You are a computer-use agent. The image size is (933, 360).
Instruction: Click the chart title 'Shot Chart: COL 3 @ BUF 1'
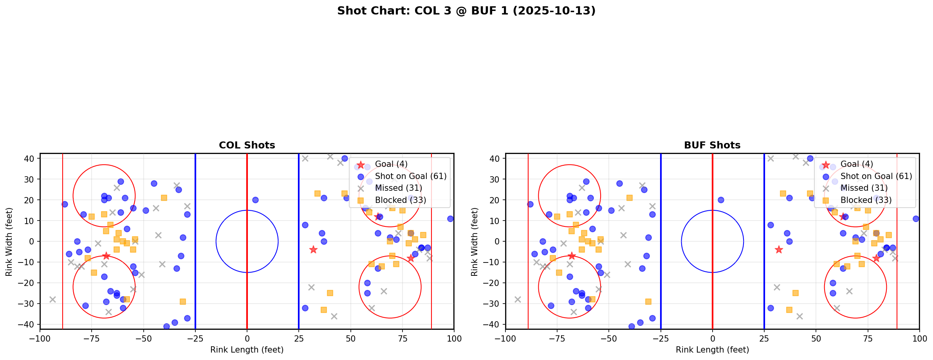pyautogui.click(x=466, y=11)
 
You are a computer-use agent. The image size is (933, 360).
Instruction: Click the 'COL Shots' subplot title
pyautogui.click(x=247, y=145)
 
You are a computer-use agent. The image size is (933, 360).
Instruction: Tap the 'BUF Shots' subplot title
pyautogui.click(x=712, y=145)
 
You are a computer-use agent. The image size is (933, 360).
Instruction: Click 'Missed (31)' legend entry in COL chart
pyautogui.click(x=398, y=188)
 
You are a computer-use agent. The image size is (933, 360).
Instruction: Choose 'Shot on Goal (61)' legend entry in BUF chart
pyautogui.click(x=876, y=176)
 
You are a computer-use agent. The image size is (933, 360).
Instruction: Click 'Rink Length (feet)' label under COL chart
pyautogui.click(x=247, y=350)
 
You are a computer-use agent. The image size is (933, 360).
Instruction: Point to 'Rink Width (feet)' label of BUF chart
pyautogui.click(x=475, y=242)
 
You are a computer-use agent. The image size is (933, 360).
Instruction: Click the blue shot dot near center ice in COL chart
pyautogui.click(x=255, y=200)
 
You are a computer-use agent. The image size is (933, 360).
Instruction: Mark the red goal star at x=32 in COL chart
pyautogui.click(x=313, y=250)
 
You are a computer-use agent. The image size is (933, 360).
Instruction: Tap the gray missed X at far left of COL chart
pyautogui.click(x=52, y=299)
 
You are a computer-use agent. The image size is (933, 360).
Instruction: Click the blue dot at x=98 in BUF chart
pyautogui.click(x=915, y=219)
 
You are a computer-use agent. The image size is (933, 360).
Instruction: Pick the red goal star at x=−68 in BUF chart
pyautogui.click(x=572, y=256)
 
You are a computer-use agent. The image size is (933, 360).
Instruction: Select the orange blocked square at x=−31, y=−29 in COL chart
pyautogui.click(x=183, y=302)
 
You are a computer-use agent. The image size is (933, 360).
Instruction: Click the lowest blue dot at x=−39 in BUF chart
pyautogui.click(x=632, y=326)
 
